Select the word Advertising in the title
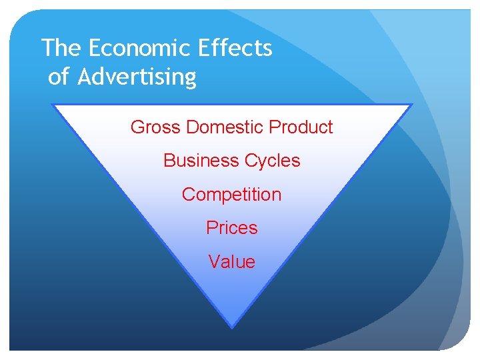tap(137, 77)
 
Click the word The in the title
tap(61, 48)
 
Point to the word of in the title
tap(59, 77)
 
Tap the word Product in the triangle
tap(303, 127)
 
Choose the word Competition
tap(231, 195)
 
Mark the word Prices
tap(231, 228)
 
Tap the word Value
tap(231, 262)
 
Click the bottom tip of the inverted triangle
tap(231, 327)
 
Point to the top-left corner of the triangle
tap(53, 105)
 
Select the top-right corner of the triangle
tap(412, 105)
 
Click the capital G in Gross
tap(137, 127)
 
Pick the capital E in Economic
tap(93, 48)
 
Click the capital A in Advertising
tap(84, 77)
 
